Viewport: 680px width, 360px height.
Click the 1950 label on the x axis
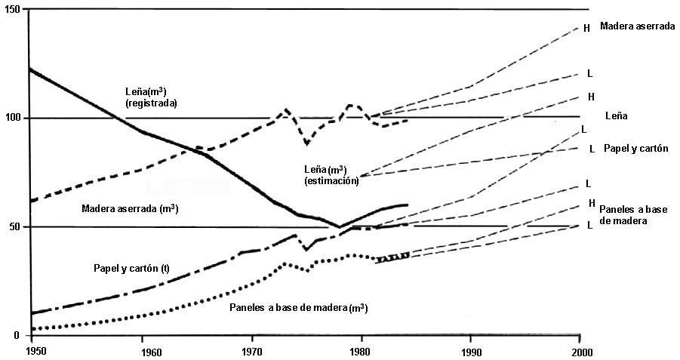(34, 351)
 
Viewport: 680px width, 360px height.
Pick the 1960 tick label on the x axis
(143, 351)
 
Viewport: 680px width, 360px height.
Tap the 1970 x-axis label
(253, 351)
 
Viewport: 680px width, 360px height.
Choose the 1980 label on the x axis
(362, 351)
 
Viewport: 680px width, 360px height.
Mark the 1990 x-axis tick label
(470, 351)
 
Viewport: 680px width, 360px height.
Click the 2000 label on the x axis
(580, 351)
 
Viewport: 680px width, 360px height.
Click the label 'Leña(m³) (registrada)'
(151, 97)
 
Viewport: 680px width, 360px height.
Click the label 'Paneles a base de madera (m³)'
(299, 308)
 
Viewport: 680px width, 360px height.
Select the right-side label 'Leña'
(617, 117)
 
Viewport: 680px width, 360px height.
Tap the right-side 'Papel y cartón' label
(636, 149)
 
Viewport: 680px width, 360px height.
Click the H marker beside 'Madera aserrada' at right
(586, 28)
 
